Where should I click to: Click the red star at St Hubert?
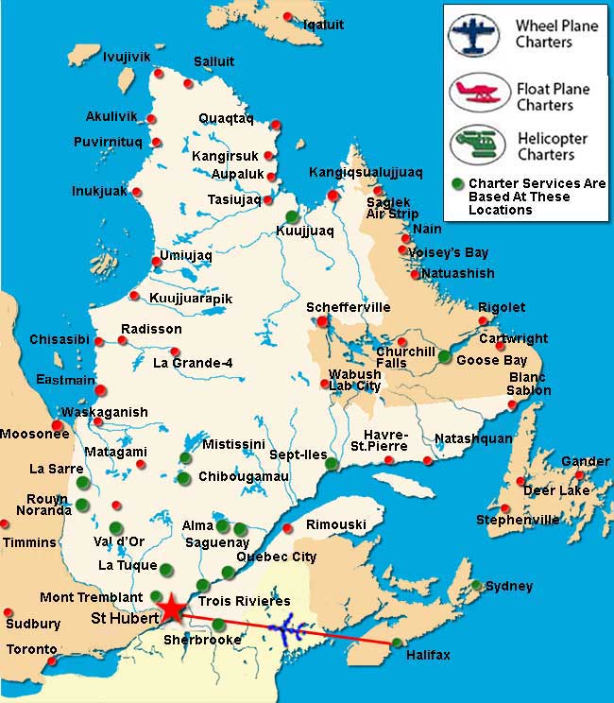tap(172, 608)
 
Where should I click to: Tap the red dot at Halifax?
tap(395, 643)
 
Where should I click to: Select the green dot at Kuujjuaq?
tap(292, 216)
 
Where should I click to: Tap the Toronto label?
tap(31, 650)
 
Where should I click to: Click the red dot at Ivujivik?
tap(159, 72)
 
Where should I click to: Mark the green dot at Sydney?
tap(477, 585)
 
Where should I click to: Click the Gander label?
tap(585, 461)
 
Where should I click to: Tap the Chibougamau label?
tap(243, 477)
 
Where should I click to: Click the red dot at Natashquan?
tap(428, 460)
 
